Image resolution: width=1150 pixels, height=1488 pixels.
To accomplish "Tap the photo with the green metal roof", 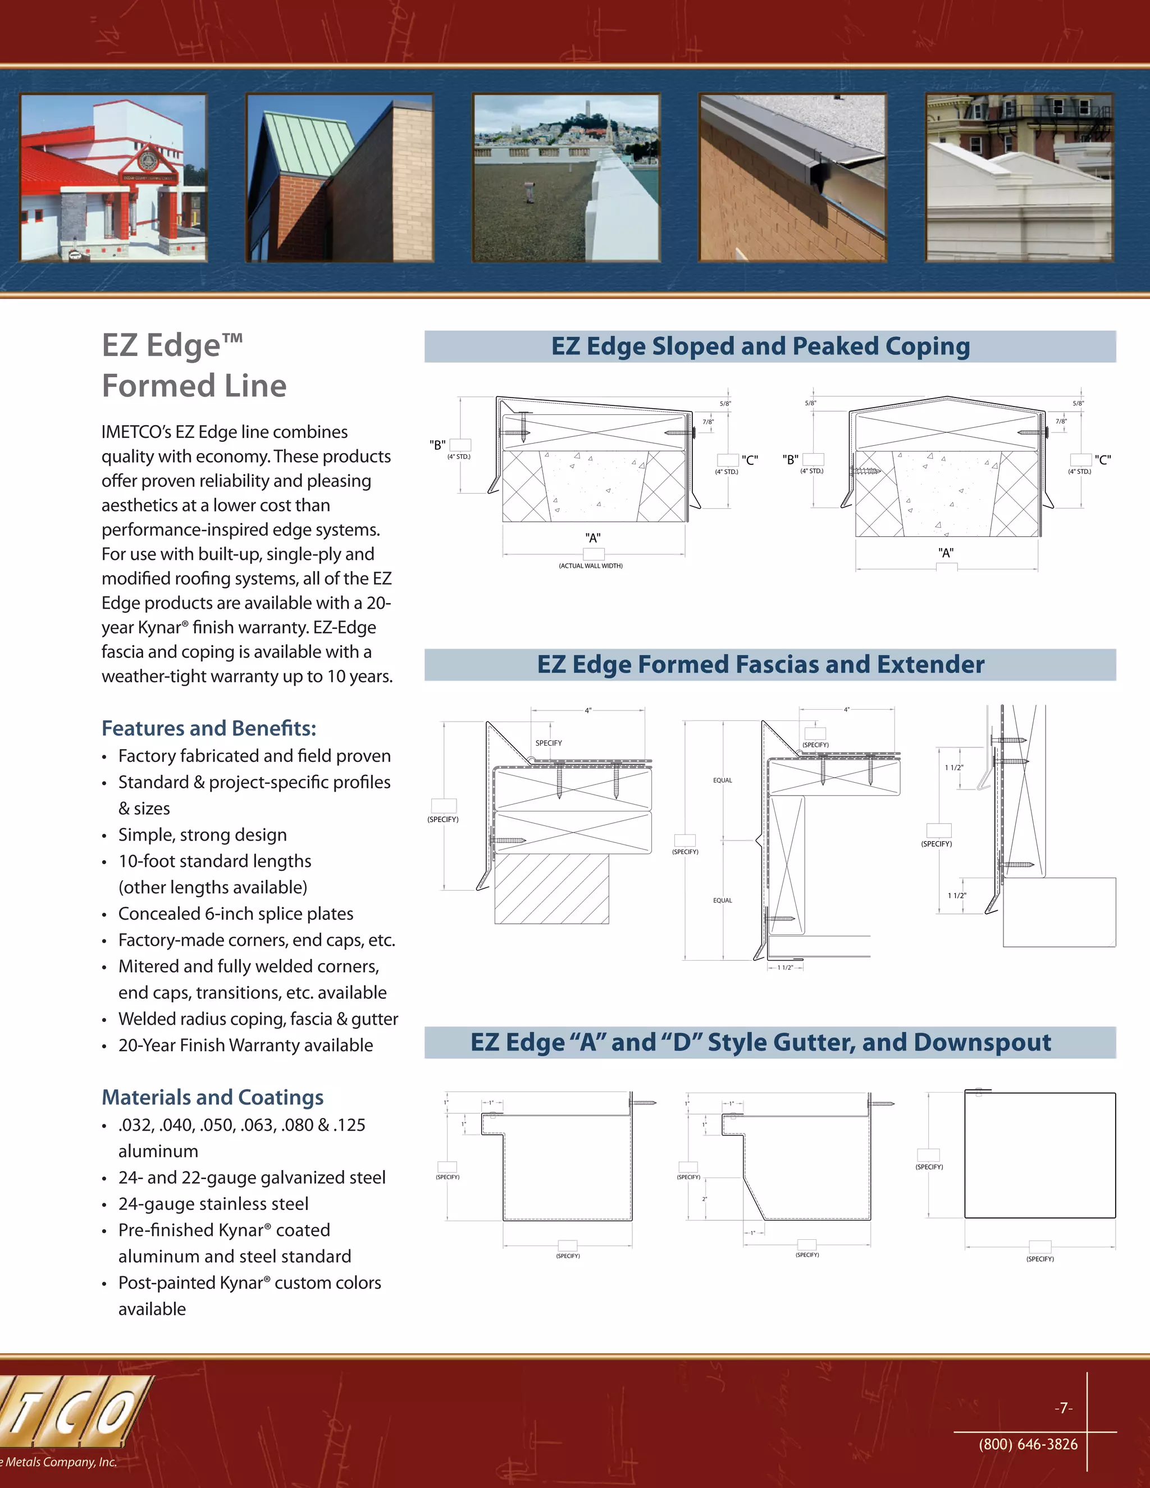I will click(x=339, y=178).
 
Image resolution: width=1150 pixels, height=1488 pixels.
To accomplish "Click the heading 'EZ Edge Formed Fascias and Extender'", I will click(x=760, y=665).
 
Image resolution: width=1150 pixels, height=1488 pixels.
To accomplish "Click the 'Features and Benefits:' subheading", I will click(x=208, y=728).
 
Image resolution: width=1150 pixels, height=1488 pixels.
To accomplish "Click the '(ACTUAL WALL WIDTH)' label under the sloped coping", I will click(x=591, y=566).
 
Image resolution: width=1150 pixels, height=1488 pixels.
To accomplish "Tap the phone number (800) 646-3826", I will click(x=1028, y=1444).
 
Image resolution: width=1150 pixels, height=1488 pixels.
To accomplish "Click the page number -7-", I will click(x=1064, y=1408).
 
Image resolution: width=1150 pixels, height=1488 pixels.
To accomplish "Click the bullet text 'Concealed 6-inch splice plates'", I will click(x=236, y=914).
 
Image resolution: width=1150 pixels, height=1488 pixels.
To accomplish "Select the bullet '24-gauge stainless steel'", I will click(x=213, y=1204).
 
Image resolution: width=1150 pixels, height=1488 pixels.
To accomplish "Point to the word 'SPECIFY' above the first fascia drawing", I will click(x=549, y=743).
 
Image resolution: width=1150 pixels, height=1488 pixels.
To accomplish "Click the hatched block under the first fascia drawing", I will click(x=551, y=889).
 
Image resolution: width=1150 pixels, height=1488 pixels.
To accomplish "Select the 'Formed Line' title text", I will click(x=194, y=386).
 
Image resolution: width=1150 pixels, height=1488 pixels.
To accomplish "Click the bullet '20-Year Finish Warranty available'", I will click(x=245, y=1045).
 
